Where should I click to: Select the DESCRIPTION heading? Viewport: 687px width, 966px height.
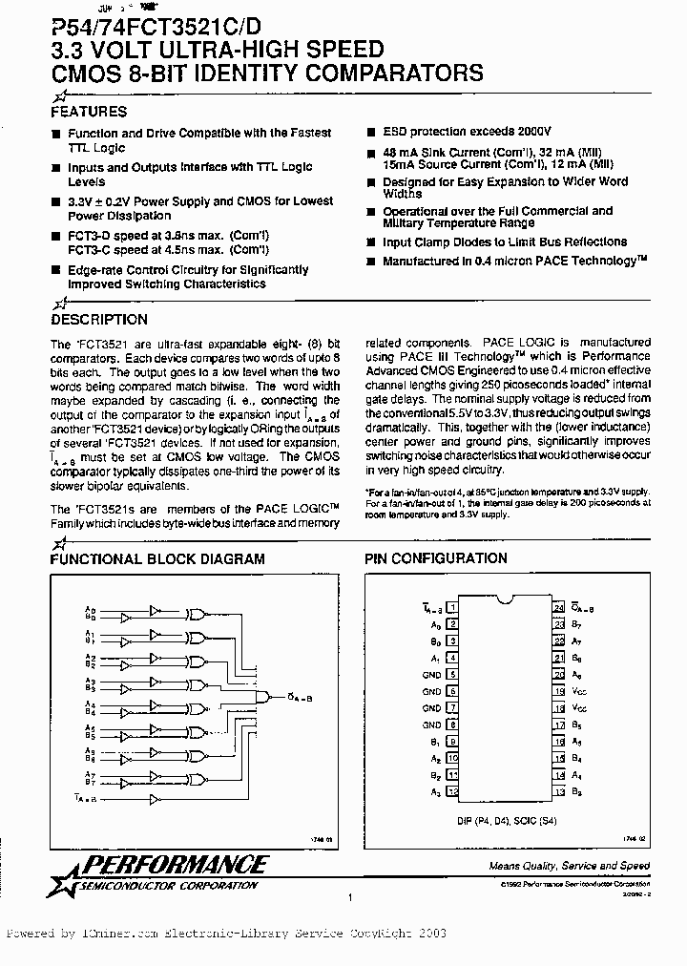point(98,320)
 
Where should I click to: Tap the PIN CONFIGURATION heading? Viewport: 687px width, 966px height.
point(437,558)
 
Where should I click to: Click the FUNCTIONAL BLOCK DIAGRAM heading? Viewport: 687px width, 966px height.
point(157,558)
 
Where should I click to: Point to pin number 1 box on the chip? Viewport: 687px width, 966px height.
point(453,606)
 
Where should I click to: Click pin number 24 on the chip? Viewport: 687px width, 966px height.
point(558,606)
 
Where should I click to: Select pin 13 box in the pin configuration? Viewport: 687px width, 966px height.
point(558,792)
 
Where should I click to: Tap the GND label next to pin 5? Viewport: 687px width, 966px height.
point(432,674)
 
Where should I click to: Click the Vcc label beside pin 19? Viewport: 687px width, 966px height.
point(579,691)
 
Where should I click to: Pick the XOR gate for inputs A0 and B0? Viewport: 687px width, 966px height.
point(198,616)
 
